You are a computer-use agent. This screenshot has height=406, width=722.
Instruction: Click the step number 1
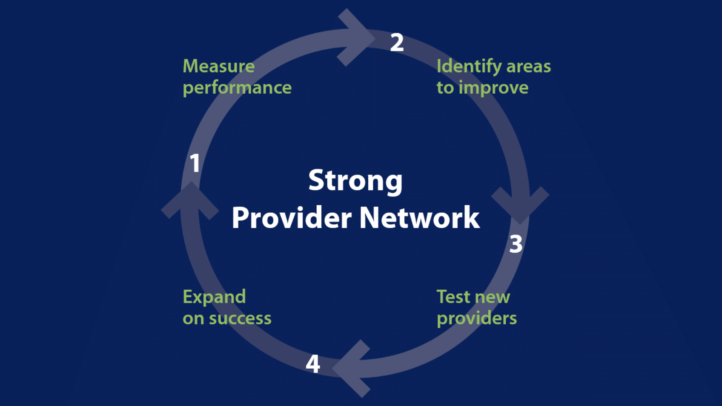pos(195,163)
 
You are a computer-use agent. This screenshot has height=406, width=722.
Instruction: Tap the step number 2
pos(397,43)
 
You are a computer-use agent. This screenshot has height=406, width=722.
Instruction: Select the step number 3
pos(516,244)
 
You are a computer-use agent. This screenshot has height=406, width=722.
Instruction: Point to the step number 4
pos(313,364)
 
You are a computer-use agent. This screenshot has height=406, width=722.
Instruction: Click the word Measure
pos(218,66)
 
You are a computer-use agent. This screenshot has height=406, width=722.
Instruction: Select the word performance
pos(237,88)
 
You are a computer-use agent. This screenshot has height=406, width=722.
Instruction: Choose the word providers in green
pos(477,318)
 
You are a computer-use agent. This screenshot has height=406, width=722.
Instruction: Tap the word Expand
pos(214,297)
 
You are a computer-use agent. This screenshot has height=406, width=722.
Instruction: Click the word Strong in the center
pos(355,180)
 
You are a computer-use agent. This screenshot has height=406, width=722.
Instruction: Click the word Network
pos(419,218)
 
